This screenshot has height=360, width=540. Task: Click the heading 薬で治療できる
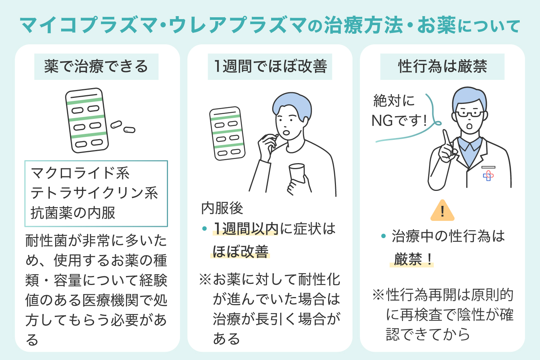pyautogui.click(x=96, y=67)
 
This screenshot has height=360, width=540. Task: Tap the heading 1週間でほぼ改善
pyautogui.click(x=270, y=67)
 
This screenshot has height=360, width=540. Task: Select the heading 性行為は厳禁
pyautogui.click(x=442, y=67)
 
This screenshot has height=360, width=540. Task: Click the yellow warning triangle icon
pyautogui.click(x=442, y=211)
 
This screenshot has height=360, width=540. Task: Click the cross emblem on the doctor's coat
pyautogui.click(x=488, y=175)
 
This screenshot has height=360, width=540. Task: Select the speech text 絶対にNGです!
pyautogui.click(x=399, y=111)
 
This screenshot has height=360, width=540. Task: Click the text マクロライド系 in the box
pyautogui.click(x=80, y=173)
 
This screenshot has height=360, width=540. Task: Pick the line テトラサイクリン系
pyautogui.click(x=94, y=193)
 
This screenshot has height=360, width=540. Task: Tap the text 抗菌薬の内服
pyautogui.click(x=73, y=213)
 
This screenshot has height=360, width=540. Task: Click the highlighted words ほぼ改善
pyautogui.click(x=241, y=252)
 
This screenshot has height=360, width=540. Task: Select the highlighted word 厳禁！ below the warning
pyautogui.click(x=412, y=259)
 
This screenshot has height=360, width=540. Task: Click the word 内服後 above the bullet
pyautogui.click(x=222, y=208)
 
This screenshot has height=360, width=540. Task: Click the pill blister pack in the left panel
pyautogui.click(x=87, y=120)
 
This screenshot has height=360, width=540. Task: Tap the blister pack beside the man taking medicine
pyautogui.click(x=227, y=133)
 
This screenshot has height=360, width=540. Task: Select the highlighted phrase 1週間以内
pyautogui.click(x=246, y=229)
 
